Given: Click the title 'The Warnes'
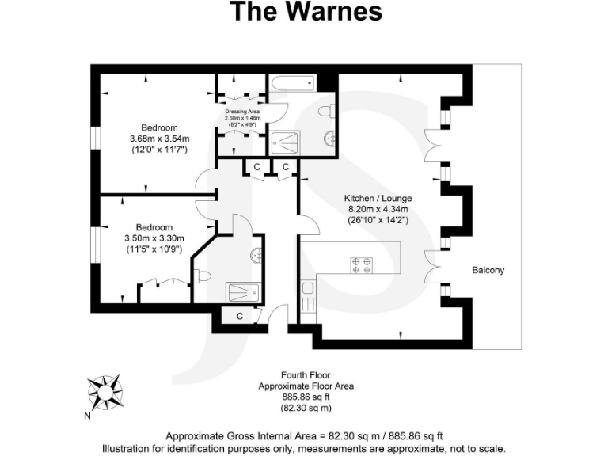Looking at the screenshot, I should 306,12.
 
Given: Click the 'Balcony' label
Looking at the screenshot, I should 488,270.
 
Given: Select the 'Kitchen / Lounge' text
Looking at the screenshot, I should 378,198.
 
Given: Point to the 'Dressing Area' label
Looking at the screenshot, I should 243,112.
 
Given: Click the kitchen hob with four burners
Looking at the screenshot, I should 362,264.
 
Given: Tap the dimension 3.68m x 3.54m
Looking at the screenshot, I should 160,139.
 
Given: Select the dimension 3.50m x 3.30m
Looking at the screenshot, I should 154,238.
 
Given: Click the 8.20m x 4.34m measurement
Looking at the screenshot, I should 378,210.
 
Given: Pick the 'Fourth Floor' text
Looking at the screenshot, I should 306,374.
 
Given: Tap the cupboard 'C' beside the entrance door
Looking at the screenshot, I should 239,316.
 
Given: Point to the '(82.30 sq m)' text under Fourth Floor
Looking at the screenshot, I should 306,408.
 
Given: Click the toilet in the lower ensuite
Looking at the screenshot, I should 203,276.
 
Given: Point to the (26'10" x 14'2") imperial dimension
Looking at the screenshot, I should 378,222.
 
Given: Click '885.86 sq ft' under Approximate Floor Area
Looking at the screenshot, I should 306,397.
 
